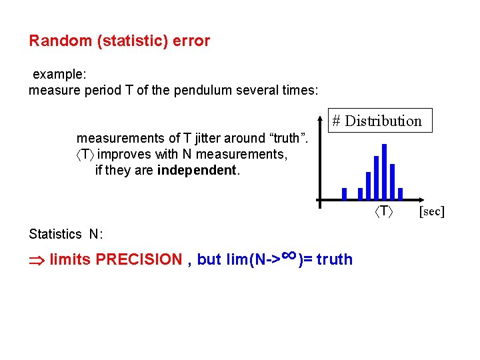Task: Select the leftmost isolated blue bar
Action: pyautogui.click(x=344, y=193)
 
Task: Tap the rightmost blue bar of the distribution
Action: pyautogui.click(x=400, y=193)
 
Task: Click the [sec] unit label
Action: pyautogui.click(x=431, y=212)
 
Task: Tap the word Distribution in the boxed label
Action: pyautogui.click(x=383, y=121)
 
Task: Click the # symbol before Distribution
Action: pyautogui.click(x=337, y=121)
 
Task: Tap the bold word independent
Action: pyautogui.click(x=197, y=170)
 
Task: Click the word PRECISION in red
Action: pyautogui.click(x=139, y=259)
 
